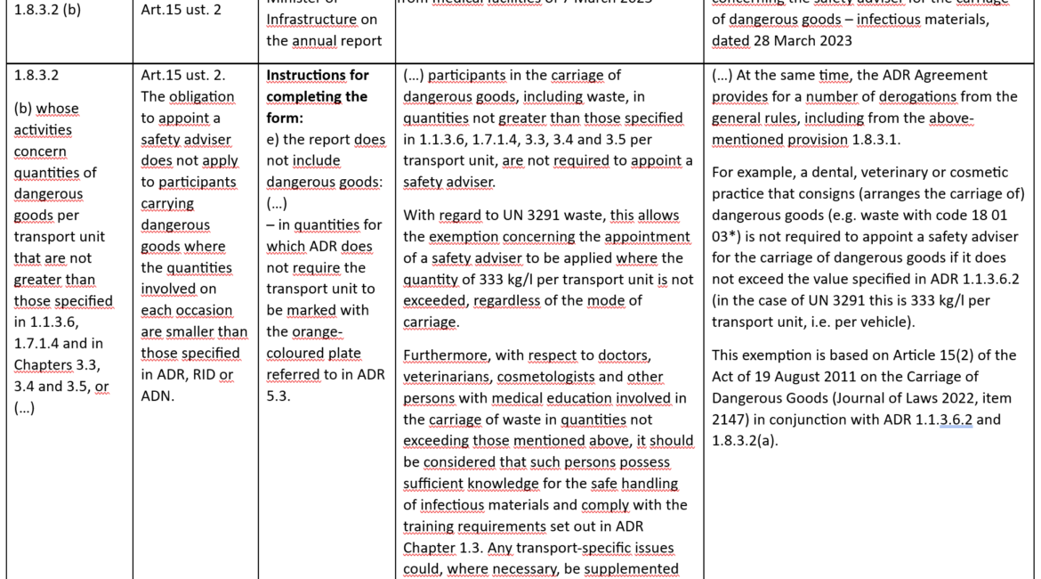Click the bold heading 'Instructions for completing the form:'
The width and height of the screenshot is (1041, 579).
(x=317, y=86)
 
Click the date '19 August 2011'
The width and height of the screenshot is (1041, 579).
(x=797, y=376)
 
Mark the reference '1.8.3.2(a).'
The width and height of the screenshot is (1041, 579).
(x=746, y=440)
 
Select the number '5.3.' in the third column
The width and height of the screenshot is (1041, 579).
(x=282, y=396)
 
